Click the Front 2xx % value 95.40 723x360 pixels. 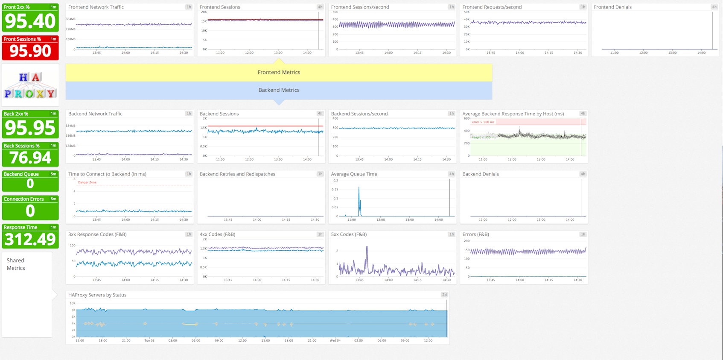(30, 21)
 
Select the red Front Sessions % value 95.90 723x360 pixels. (30, 51)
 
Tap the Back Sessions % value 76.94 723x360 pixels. (30, 158)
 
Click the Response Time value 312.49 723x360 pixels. (30, 239)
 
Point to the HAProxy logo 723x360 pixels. (30, 85)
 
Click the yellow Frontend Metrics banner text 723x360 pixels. (279, 72)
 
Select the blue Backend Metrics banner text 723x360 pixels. (279, 90)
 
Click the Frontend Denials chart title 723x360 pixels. (612, 7)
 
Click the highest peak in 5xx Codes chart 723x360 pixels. (367, 247)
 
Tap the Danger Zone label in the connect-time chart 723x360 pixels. (87, 182)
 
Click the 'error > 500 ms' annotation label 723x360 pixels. (483, 122)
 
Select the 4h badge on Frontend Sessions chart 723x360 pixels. (320, 7)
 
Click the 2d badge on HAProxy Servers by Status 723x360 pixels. (444, 295)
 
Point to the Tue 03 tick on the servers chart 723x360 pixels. (149, 341)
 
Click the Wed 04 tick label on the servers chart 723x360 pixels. (335, 341)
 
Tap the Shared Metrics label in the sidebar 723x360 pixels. (16, 264)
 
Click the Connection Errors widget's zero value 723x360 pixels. (30, 211)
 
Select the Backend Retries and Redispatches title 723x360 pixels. (237, 174)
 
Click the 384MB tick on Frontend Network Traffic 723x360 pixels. (71, 19)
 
